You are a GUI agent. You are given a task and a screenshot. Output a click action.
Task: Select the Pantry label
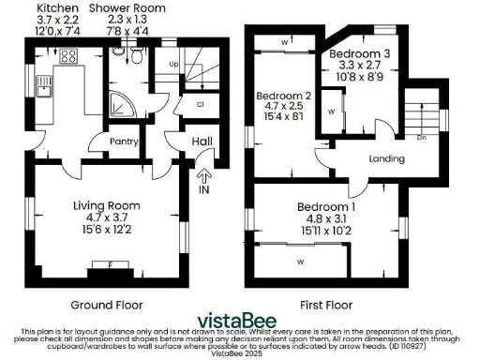[x=125, y=142]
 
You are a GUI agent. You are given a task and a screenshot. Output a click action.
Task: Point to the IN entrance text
[x=205, y=187]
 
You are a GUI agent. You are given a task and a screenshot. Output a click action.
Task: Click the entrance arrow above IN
[x=205, y=173]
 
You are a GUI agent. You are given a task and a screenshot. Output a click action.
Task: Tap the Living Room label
[x=107, y=205]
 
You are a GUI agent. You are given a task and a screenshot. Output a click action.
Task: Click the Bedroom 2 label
[x=283, y=96]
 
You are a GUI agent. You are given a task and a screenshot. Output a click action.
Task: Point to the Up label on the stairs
[x=174, y=65]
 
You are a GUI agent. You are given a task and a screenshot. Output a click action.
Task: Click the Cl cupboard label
[x=202, y=104]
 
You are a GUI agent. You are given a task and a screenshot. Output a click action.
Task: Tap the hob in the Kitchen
[x=67, y=56]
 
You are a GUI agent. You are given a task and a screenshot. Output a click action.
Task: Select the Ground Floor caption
[x=107, y=305]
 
